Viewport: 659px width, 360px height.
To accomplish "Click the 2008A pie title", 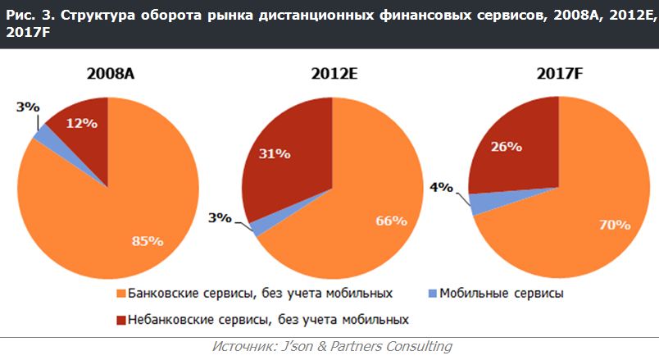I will (111, 74).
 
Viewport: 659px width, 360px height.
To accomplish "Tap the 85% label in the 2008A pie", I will (148, 241).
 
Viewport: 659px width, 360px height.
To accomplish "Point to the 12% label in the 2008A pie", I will (82, 124).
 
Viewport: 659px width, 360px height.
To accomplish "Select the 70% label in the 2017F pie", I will (612, 223).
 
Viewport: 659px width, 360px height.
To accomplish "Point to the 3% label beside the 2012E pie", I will (220, 218).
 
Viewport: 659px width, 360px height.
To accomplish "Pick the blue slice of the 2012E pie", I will (255, 227).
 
